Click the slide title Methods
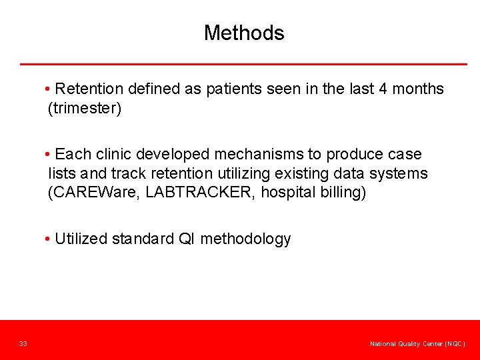point(244,33)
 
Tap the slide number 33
point(23,343)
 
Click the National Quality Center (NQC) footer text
point(417,343)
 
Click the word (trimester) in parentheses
point(85,109)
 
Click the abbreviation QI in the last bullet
point(187,239)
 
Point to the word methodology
point(245,239)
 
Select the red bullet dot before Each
point(49,155)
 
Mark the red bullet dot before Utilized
point(49,239)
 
